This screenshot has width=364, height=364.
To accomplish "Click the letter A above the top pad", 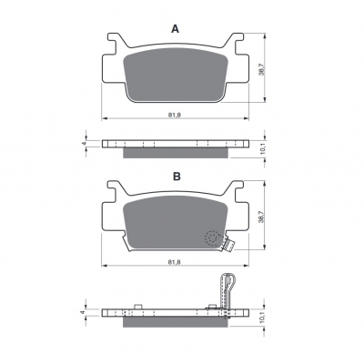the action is (x=176, y=29).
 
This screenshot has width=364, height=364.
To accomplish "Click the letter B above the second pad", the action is (x=177, y=177).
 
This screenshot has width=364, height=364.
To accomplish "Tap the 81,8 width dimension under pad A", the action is (x=175, y=115).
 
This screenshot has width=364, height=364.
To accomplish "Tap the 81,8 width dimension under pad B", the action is (x=175, y=262).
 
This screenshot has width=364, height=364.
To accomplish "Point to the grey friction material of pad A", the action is (x=176, y=75).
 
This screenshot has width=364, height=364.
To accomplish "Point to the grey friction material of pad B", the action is (x=175, y=222).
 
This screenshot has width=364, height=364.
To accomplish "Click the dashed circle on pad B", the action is (x=212, y=238).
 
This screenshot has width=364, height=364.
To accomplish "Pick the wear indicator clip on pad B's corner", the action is (x=228, y=245).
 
